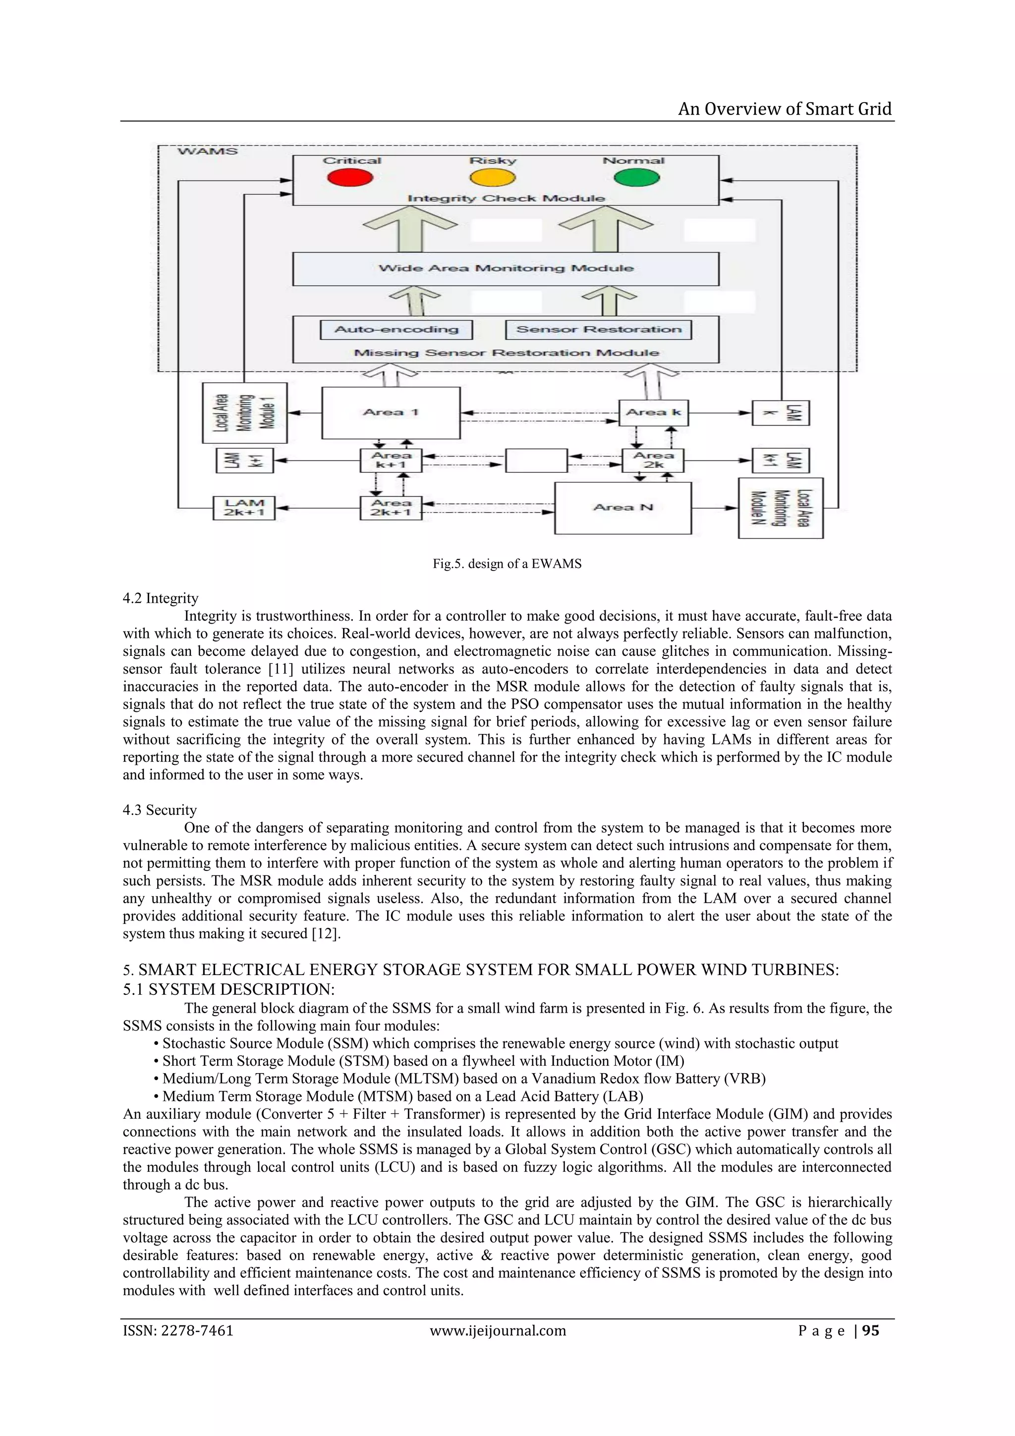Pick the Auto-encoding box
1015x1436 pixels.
tap(396, 330)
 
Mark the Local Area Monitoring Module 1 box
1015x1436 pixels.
tap(244, 413)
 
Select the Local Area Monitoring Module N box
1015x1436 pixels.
tap(781, 508)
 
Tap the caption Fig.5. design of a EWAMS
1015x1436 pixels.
tap(507, 564)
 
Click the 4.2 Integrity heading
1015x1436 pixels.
tap(160, 599)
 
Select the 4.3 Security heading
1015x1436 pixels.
tap(160, 810)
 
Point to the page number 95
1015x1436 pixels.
tap(871, 1331)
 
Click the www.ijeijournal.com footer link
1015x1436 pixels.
tap(498, 1331)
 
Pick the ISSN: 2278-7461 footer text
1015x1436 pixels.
tap(178, 1331)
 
